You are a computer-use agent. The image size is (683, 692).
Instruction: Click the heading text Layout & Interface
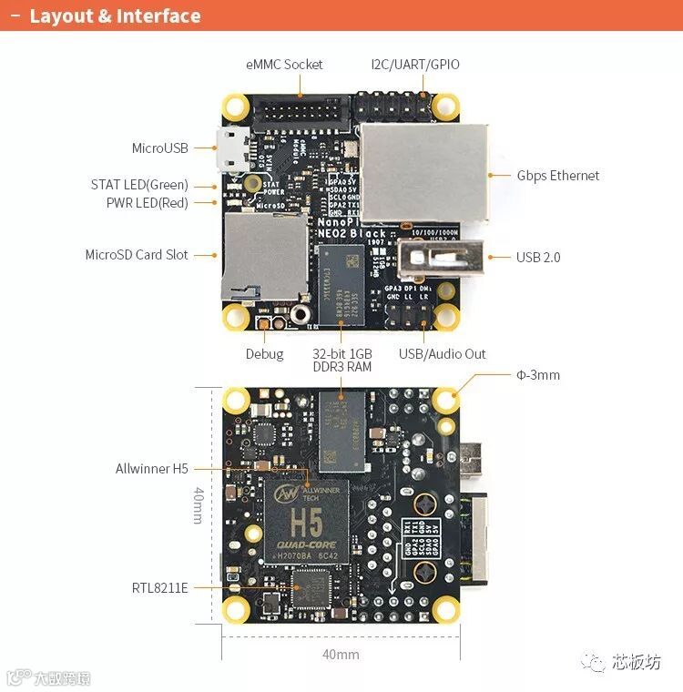pyautogui.click(x=115, y=16)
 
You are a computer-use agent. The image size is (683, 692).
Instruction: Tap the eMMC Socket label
pyautogui.click(x=284, y=65)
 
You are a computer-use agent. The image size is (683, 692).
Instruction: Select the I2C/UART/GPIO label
pyautogui.click(x=415, y=65)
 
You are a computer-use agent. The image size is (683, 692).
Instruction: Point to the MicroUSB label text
pyautogui.click(x=159, y=148)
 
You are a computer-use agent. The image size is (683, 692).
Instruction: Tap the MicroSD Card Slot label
pyautogui.click(x=137, y=255)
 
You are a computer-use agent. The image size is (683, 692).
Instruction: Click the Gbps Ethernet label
pyautogui.click(x=558, y=176)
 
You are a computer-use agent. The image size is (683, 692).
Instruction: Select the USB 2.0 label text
pyautogui.click(x=538, y=258)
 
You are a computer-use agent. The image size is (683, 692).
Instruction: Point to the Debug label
pyautogui.click(x=264, y=354)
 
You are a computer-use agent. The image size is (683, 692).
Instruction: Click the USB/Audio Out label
pyautogui.click(x=443, y=354)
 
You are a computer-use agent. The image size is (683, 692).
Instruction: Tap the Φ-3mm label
pyautogui.click(x=537, y=374)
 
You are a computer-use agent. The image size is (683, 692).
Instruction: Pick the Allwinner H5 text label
pyautogui.click(x=152, y=469)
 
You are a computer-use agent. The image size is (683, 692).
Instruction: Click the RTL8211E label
pyautogui.click(x=159, y=587)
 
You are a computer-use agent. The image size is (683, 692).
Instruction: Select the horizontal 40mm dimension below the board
pyautogui.click(x=341, y=654)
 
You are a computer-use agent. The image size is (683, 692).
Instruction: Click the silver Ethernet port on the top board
pyautogui.click(x=423, y=173)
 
